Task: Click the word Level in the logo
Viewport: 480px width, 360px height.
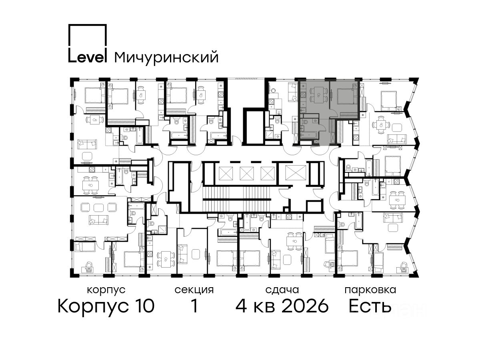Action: [88, 57]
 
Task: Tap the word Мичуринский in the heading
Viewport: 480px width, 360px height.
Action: [166, 58]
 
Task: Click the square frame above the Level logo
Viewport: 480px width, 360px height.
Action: [88, 36]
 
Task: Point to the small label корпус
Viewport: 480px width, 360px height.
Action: [106, 290]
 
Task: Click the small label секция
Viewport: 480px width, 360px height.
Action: [194, 290]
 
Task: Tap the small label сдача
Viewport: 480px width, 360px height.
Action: [282, 290]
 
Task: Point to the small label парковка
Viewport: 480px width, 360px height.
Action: [370, 290]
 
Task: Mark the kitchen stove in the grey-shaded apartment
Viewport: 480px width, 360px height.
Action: [303, 95]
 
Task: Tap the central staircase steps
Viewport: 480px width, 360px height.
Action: [237, 199]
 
